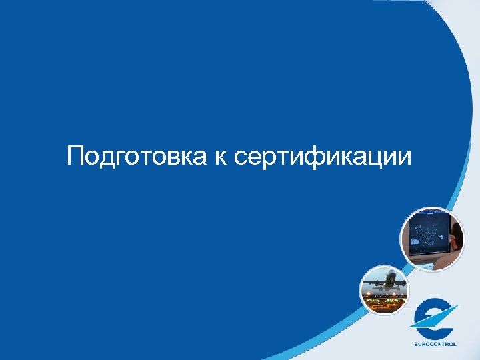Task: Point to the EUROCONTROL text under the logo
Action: pyautogui.click(x=434, y=345)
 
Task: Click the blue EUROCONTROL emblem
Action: pyautogui.click(x=434, y=318)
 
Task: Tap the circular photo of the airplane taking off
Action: pyautogui.click(x=384, y=289)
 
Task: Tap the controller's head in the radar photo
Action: pyautogui.click(x=457, y=235)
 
